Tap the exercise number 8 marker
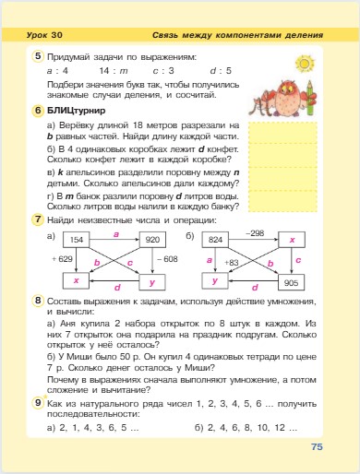click(38, 301)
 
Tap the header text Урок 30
click(41, 34)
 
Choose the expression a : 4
click(58, 69)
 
